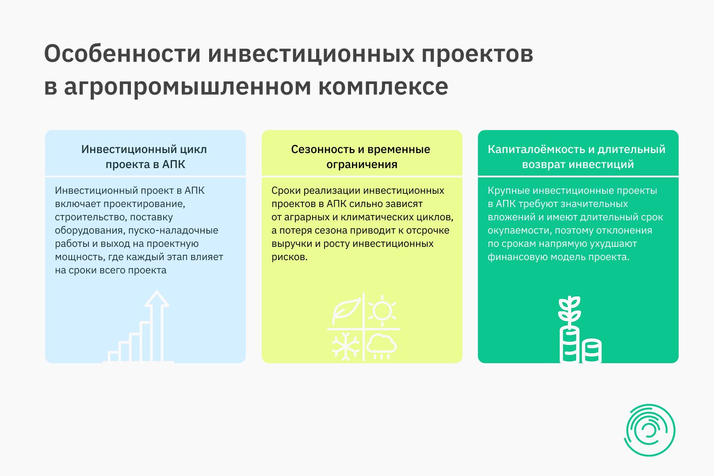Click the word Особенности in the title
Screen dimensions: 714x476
pos(122,54)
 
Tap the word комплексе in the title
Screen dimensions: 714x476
pos(383,87)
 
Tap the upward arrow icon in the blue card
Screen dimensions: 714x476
pos(157,326)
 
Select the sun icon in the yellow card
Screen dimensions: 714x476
pos(382,311)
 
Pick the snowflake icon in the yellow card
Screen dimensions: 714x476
pos(346,346)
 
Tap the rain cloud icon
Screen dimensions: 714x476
pos(382,347)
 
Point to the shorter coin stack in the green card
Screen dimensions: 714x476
pos(592,351)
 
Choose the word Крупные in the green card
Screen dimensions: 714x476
pos(509,191)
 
